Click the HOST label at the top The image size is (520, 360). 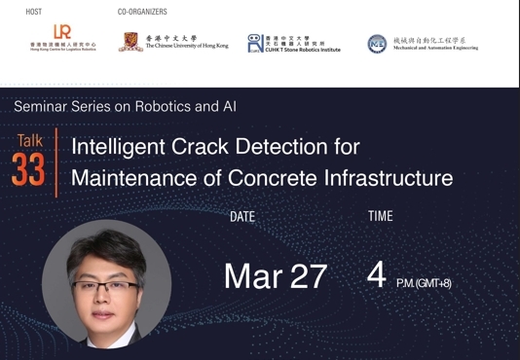(34, 12)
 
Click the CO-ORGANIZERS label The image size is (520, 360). (142, 12)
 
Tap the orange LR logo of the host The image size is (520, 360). (62, 33)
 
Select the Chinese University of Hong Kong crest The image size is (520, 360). (130, 42)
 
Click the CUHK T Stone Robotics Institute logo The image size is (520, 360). (255, 43)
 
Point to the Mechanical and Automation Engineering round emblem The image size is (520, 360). (377, 43)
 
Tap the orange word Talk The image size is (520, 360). (29, 141)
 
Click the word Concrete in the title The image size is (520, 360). (273, 178)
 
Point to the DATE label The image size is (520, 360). (241, 217)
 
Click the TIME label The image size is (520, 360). (381, 216)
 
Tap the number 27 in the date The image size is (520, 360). (308, 276)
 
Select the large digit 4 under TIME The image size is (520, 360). (376, 275)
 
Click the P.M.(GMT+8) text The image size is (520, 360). (423, 283)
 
